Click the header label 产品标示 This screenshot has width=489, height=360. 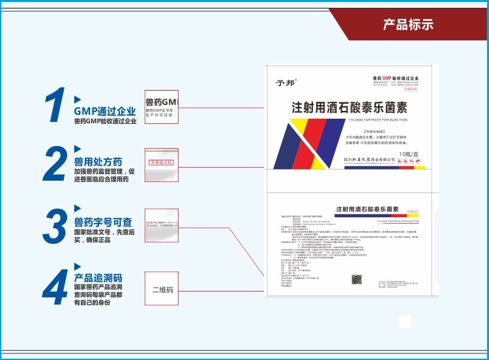tap(408, 25)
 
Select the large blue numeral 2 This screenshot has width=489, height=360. tap(55, 164)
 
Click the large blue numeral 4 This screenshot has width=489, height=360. tap(55, 287)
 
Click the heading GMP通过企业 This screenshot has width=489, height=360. tap(105, 111)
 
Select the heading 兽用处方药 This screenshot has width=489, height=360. tap(98, 161)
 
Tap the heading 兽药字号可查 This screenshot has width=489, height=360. tap(103, 222)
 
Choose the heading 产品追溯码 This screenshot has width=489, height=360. tap(98, 277)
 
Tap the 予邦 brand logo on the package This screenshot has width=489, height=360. tap(285, 82)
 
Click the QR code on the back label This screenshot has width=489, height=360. tap(357, 280)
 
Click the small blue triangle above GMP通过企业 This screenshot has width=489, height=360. tap(78, 99)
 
